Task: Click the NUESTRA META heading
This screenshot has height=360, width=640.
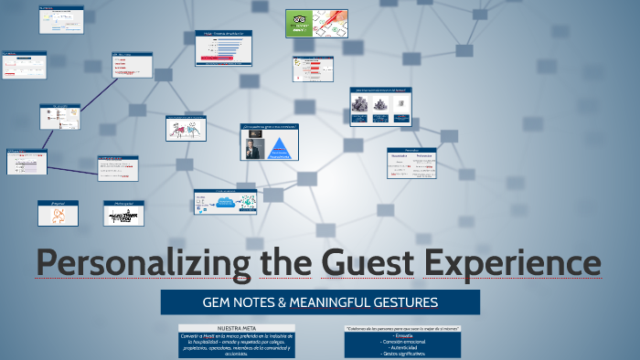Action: click(x=237, y=327)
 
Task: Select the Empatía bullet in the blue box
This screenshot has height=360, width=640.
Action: click(x=403, y=336)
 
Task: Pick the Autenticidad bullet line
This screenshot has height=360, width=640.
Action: click(x=403, y=347)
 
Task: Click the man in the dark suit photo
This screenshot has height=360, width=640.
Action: click(x=251, y=146)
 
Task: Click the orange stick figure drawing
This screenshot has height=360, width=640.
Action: click(x=57, y=216)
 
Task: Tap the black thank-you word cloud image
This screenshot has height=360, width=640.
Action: click(x=123, y=216)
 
